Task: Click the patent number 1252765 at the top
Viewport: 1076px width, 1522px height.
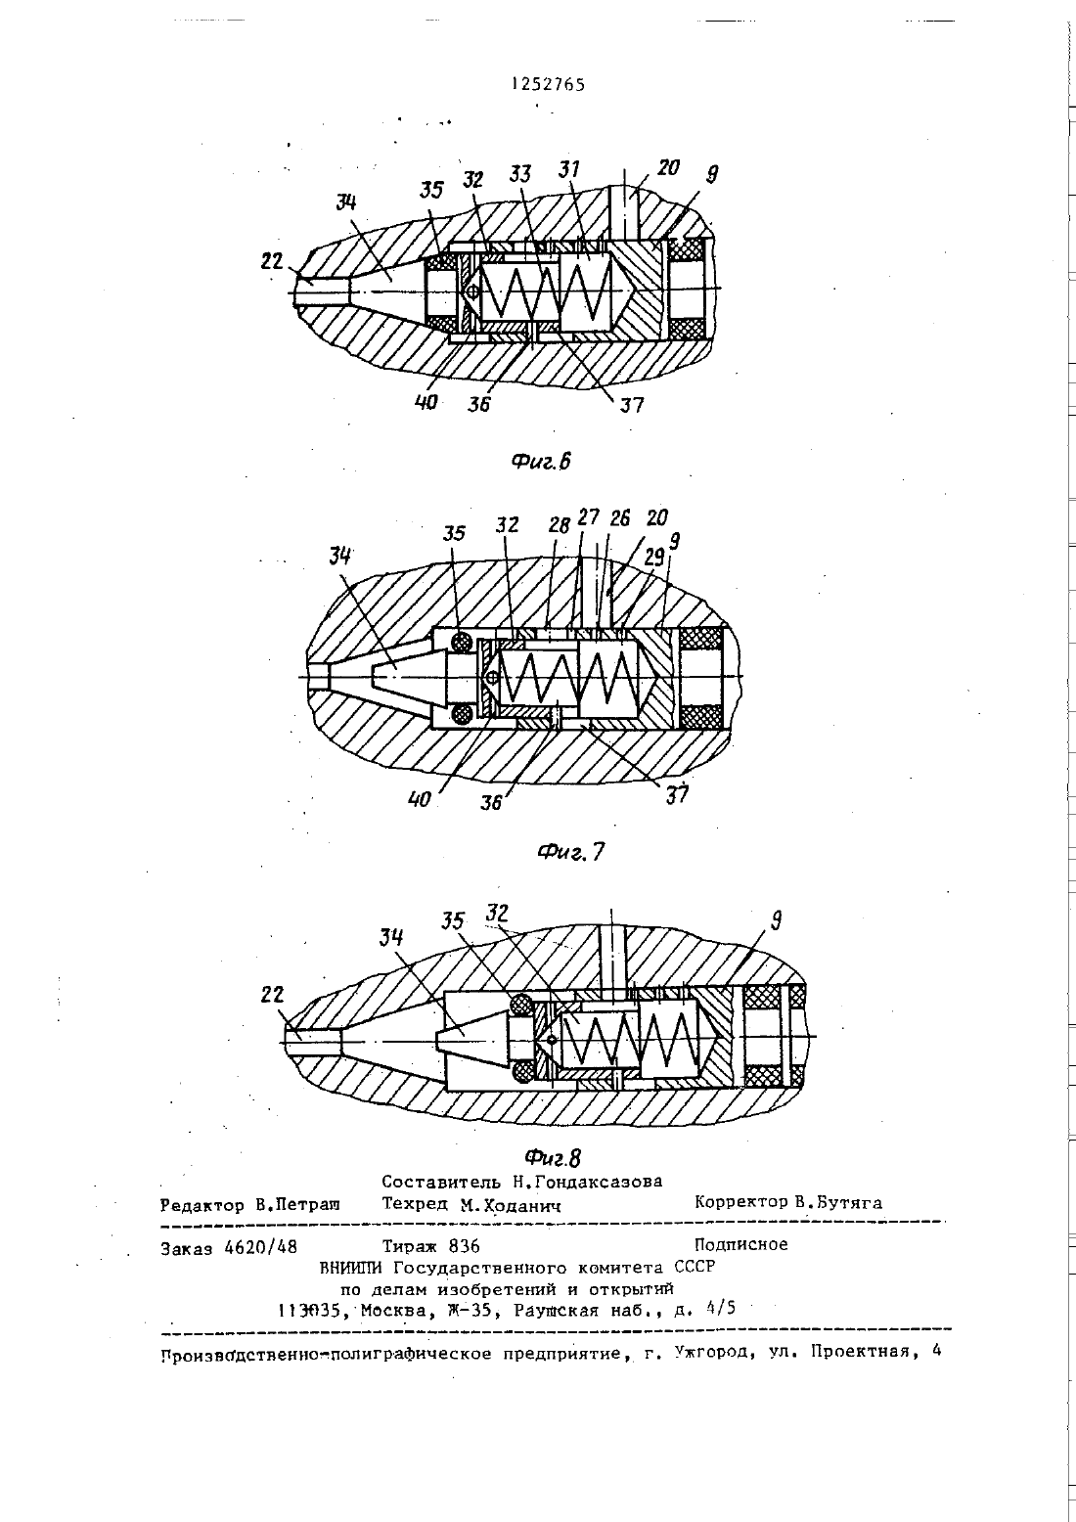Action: (x=548, y=84)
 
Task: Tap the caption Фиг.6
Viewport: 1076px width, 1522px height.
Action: (x=541, y=462)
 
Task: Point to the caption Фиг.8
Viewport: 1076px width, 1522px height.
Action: (x=554, y=1157)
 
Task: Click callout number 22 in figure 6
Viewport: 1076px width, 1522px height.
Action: (x=272, y=261)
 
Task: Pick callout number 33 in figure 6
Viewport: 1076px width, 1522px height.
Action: (x=520, y=175)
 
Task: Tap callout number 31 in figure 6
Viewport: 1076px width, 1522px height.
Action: (x=568, y=169)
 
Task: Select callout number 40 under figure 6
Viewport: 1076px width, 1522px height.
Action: (x=426, y=402)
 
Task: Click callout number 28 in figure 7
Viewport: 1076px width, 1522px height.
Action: (x=560, y=524)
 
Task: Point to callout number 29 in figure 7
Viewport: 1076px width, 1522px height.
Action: (x=654, y=558)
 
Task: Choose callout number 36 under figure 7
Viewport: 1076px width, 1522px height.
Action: (x=491, y=802)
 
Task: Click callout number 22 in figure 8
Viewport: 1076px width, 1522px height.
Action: (x=272, y=995)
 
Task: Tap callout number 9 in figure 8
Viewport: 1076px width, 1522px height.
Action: (x=777, y=920)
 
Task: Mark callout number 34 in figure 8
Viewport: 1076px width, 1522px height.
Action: (x=391, y=938)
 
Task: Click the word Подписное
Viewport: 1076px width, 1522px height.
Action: (x=741, y=1244)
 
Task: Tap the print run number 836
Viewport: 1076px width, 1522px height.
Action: (x=464, y=1246)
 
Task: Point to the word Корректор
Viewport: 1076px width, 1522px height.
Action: (x=741, y=1202)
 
